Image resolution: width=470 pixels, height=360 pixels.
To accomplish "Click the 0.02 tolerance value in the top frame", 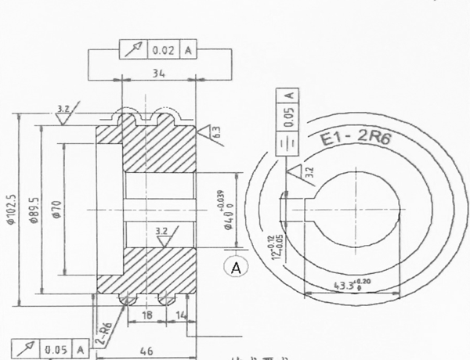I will (163, 50).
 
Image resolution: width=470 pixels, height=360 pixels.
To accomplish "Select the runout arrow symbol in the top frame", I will (132, 50).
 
